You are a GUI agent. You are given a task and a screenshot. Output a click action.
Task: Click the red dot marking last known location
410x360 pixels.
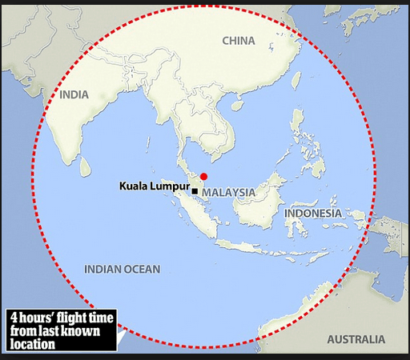pyautogui.click(x=203, y=176)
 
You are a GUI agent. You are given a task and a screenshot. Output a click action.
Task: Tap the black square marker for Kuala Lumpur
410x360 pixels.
pyautogui.click(x=195, y=191)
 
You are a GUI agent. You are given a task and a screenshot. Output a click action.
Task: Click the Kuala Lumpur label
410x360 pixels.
pyautogui.click(x=154, y=186)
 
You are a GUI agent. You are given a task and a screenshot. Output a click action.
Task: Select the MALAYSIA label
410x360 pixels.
pyautogui.click(x=228, y=193)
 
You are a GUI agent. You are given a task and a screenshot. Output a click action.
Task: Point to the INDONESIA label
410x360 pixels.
pyautogui.click(x=313, y=214)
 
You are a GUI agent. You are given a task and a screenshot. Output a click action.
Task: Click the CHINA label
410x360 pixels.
pyautogui.click(x=238, y=41)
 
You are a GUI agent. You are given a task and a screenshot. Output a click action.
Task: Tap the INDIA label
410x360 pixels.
pyautogui.click(x=74, y=94)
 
